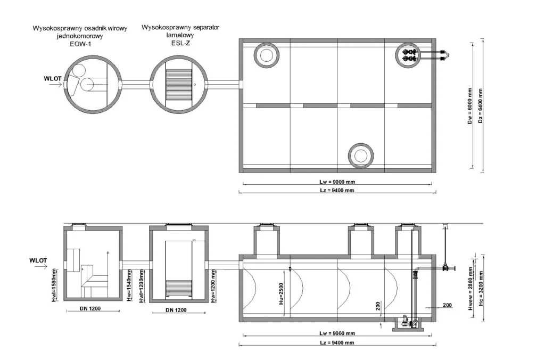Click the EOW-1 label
(80, 44)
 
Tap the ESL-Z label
(180, 43)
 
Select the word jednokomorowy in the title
(80, 36)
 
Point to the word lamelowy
(180, 35)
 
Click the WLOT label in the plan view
(53, 79)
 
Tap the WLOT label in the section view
(38, 260)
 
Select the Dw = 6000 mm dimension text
(470, 106)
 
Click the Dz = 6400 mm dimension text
(481, 106)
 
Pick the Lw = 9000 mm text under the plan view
(337, 182)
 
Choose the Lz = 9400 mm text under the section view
(337, 342)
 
